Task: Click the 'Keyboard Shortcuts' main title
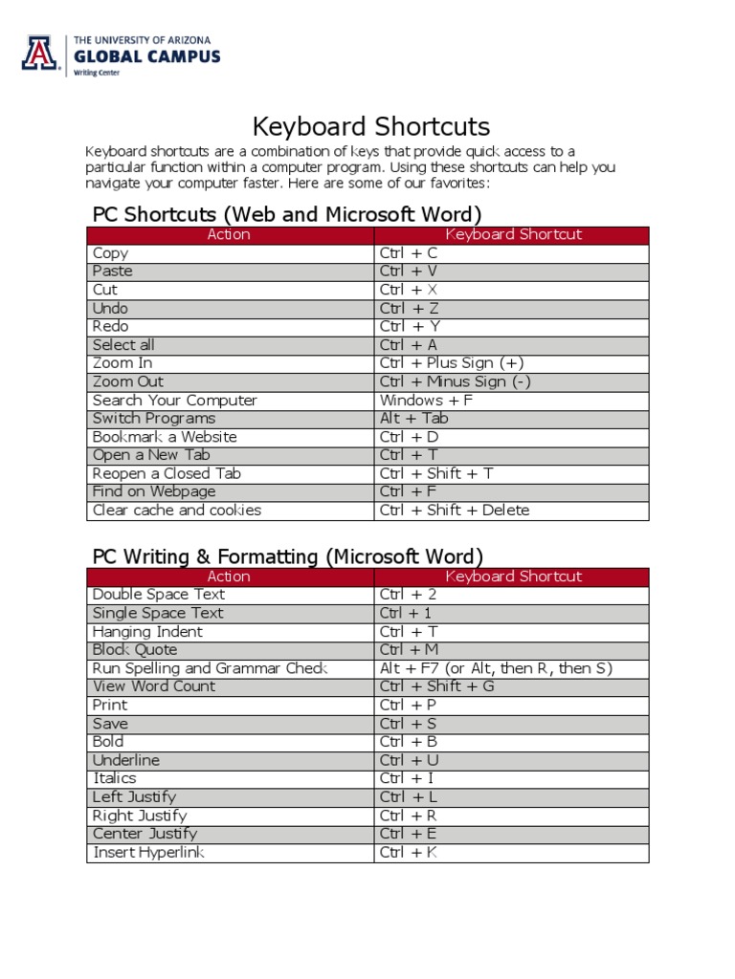pos(370,126)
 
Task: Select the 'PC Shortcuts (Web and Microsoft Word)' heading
pos(286,213)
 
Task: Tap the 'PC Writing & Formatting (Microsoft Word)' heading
pos(287,555)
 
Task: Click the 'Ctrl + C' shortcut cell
pos(409,253)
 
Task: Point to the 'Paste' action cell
pos(113,272)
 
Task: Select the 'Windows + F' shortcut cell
pos(426,401)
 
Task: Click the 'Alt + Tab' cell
pos(413,419)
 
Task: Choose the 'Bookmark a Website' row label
pos(165,437)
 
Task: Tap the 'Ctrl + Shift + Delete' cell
pos(454,511)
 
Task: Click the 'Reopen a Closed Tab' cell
pos(167,474)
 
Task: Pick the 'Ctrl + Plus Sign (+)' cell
pos(452,363)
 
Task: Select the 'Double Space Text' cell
pos(159,595)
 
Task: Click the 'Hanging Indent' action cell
pos(147,632)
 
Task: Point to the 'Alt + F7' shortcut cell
pos(496,668)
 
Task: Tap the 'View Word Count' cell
pos(154,686)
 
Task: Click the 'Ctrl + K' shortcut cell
pos(409,853)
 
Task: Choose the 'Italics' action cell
pos(115,779)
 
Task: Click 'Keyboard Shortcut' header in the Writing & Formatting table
pos(513,577)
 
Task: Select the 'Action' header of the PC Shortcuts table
pos(229,234)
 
